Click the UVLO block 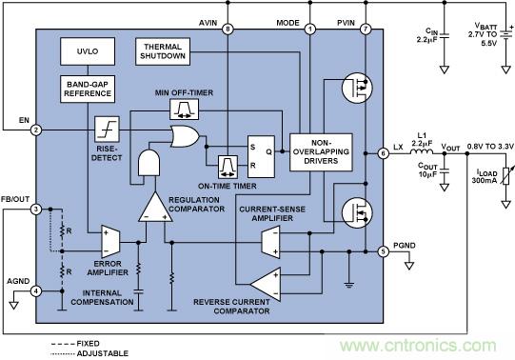pyautogui.click(x=88, y=51)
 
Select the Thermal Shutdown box pyautogui.click(x=163, y=51)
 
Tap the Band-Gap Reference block pyautogui.click(x=88, y=89)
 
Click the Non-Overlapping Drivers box pyautogui.click(x=321, y=152)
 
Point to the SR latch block pyautogui.click(x=261, y=157)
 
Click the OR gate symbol pyautogui.click(x=185, y=136)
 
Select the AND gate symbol pyautogui.click(x=149, y=163)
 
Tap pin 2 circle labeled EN pyautogui.click(x=36, y=130)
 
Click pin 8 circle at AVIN pyautogui.click(x=228, y=30)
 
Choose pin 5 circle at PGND pyautogui.click(x=383, y=251)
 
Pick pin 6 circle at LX pyautogui.click(x=383, y=153)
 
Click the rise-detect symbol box pyautogui.click(x=107, y=130)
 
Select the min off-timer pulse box pyautogui.click(x=185, y=110)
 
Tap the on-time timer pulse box pyautogui.click(x=228, y=167)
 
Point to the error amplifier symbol pyautogui.click(x=110, y=241)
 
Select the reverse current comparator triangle pyautogui.click(x=266, y=284)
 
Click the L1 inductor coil pyautogui.click(x=422, y=151)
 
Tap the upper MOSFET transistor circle pyautogui.click(x=357, y=88)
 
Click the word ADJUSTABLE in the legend pyautogui.click(x=103, y=353)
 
